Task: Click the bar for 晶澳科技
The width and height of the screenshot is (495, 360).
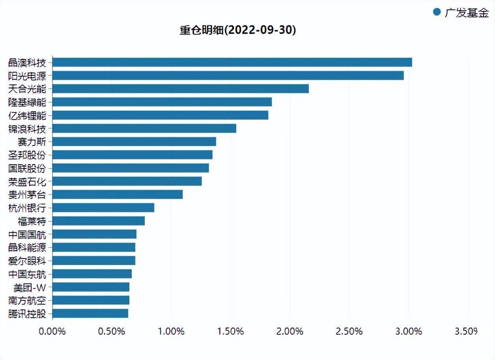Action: click(232, 62)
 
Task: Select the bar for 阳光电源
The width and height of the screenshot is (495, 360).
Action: click(228, 75)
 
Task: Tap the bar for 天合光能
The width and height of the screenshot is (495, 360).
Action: click(180, 89)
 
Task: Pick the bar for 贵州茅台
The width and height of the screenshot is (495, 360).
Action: click(117, 195)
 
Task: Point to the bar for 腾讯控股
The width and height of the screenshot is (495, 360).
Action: click(90, 314)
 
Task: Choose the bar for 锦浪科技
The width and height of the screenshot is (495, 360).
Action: click(144, 128)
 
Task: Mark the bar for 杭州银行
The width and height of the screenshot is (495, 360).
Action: click(103, 208)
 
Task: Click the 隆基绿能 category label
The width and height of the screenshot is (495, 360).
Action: click(27, 102)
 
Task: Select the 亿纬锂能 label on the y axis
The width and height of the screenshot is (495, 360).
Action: click(27, 115)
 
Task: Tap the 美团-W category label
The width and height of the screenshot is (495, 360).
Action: click(30, 287)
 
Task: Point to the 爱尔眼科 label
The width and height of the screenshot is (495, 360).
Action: click(27, 261)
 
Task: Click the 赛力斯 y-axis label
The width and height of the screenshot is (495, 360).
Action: click(32, 142)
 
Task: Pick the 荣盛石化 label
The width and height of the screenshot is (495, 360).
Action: click(27, 182)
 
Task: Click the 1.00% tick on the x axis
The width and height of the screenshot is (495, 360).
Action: click(171, 331)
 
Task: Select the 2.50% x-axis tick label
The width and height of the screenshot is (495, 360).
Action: click(349, 331)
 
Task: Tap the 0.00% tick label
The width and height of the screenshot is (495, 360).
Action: click(52, 331)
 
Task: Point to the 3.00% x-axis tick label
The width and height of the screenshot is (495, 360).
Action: click(409, 331)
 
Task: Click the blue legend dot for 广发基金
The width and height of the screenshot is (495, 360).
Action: click(437, 12)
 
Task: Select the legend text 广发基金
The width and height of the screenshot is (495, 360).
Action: click(467, 13)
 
